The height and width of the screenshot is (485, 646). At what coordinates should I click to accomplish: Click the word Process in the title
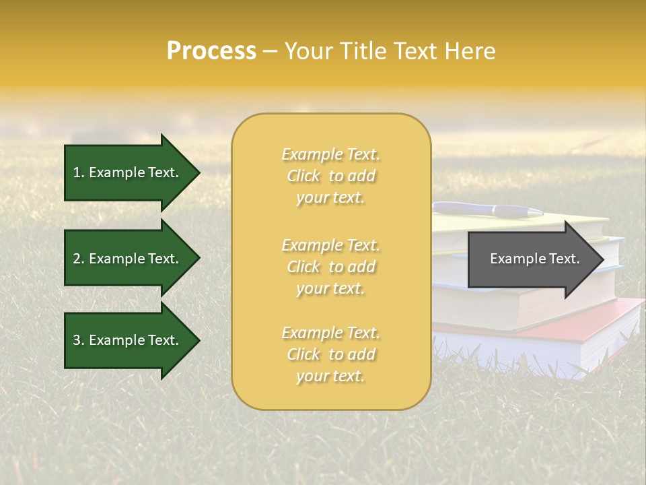coord(211,51)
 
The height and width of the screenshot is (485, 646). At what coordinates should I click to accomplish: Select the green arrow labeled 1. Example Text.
coord(128,172)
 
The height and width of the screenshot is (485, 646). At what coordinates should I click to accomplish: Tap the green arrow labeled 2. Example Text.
coord(128,259)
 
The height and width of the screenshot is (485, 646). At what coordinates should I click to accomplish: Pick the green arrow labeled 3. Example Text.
coord(128,340)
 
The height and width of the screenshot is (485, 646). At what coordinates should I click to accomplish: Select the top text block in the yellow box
coord(330,176)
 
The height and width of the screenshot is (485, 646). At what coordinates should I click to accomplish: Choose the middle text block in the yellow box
coord(330,267)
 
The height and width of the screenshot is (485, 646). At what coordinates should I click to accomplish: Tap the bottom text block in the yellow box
coord(330,354)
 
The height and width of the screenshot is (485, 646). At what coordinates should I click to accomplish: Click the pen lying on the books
coord(488,209)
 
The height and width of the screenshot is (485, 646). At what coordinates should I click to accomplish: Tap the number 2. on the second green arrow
coord(79,259)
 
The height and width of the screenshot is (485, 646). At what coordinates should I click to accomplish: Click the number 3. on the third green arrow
coord(79,340)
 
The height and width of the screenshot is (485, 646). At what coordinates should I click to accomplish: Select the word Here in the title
coord(471,51)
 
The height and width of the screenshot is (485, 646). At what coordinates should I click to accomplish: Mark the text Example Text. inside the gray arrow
coord(535,259)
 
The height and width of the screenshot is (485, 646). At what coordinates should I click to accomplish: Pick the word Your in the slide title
coord(307,51)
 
